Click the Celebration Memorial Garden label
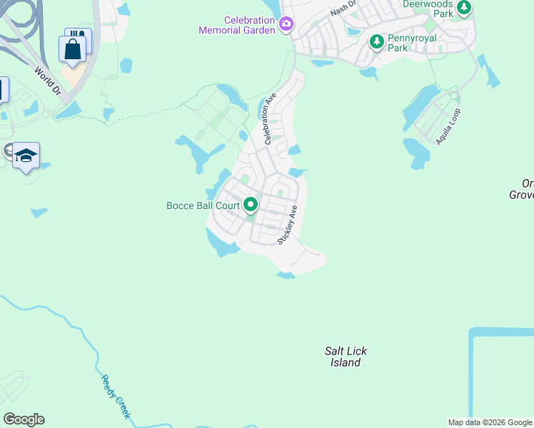click(x=239, y=25)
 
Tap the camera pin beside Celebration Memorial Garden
click(x=286, y=25)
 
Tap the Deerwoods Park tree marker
click(x=464, y=8)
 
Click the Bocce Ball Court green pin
click(x=251, y=205)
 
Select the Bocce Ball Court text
click(x=203, y=205)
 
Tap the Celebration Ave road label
click(x=270, y=118)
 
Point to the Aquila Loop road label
click(x=449, y=127)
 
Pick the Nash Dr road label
click(x=343, y=9)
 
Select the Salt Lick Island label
click(x=346, y=357)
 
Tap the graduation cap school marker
click(x=26, y=156)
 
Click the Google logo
click(x=24, y=419)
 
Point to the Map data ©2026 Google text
click(x=490, y=422)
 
